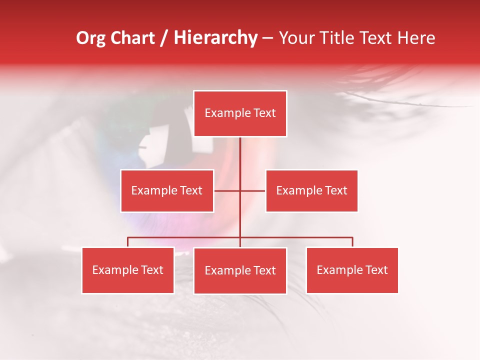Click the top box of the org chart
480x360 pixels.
(240, 113)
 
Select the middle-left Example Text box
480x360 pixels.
(167, 190)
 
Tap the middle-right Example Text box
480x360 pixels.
(311, 190)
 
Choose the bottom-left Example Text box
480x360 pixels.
(128, 270)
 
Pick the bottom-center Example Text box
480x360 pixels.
(240, 270)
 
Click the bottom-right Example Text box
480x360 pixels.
(352, 270)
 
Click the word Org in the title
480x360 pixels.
(91, 38)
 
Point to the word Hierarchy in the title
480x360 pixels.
(215, 38)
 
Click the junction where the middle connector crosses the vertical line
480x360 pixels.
(240, 190)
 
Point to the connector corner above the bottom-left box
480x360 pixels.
(128, 237)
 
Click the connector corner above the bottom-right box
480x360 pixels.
(352, 237)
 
